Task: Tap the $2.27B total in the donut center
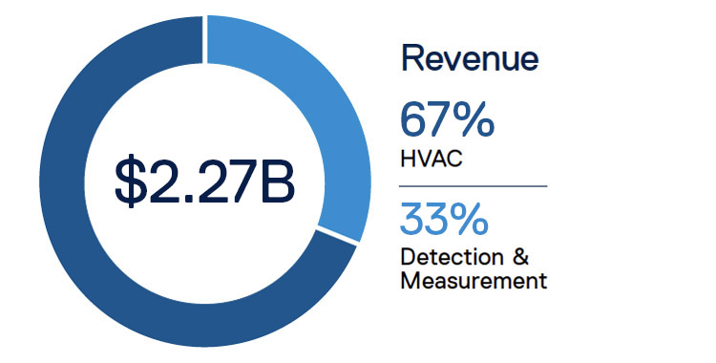tap(204, 181)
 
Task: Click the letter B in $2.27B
tap(276, 181)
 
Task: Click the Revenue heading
tap(470, 59)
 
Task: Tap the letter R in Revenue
tap(412, 59)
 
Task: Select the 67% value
tap(448, 121)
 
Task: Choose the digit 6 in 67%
tap(415, 121)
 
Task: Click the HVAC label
tap(432, 160)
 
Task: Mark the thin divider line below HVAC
tap(474, 185)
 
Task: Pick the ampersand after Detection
tap(520, 259)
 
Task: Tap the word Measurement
tap(474, 281)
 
